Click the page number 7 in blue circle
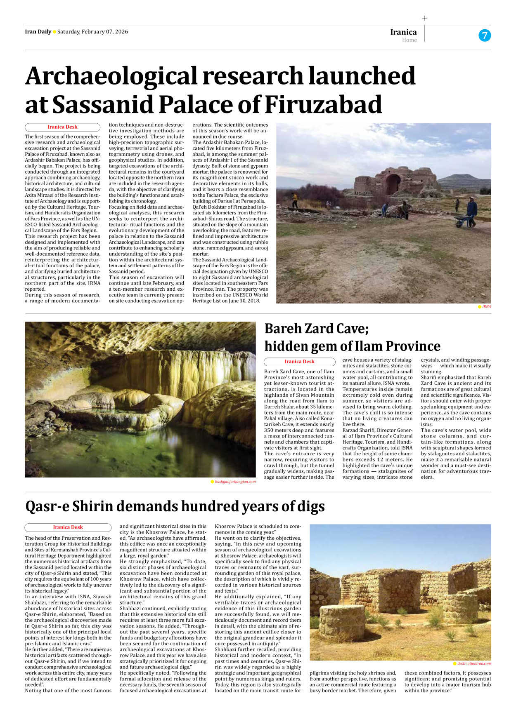point(485,35)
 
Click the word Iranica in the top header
point(403,32)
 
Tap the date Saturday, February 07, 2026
point(92,32)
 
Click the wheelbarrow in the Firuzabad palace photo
point(463,221)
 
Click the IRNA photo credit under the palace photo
point(486,307)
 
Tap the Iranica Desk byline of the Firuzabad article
point(62,127)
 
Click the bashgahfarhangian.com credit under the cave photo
point(235,482)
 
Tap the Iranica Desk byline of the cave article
point(299,362)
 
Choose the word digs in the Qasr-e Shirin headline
point(310,506)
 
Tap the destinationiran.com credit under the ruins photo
point(473,663)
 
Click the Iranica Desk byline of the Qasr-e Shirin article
point(68,527)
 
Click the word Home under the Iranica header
point(409,40)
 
